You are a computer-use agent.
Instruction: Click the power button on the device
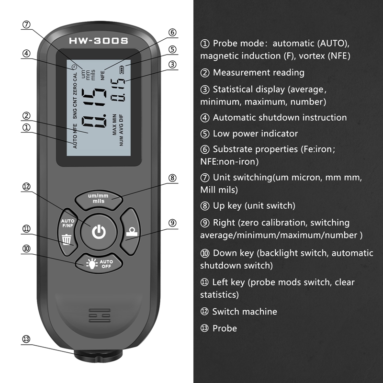[x=98, y=233]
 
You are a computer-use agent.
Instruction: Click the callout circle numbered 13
[x=26, y=339]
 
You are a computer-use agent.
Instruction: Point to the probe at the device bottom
[x=98, y=357]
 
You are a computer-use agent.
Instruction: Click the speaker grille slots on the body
[x=99, y=316]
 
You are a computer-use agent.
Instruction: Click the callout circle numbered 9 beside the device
[x=172, y=223]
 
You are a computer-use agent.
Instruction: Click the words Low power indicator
[x=255, y=134]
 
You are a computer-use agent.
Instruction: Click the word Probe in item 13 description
[x=225, y=328]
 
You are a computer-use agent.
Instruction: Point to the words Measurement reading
[x=259, y=73]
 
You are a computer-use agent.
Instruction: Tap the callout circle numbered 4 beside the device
[x=26, y=54]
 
